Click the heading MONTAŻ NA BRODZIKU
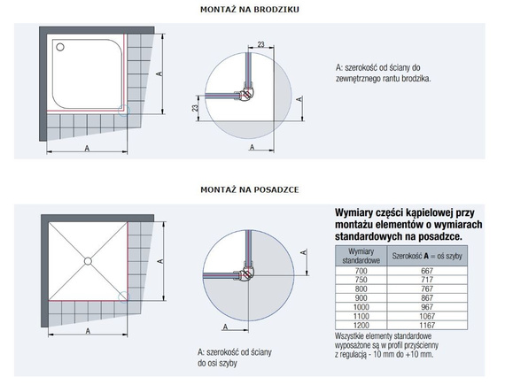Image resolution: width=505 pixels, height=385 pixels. (x=250, y=10)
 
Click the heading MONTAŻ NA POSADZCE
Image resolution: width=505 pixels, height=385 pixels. (x=250, y=189)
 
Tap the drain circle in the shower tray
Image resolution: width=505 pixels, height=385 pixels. (x=60, y=47)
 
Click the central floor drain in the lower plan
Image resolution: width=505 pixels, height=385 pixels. (x=88, y=261)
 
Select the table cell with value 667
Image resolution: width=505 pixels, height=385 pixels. (x=427, y=271)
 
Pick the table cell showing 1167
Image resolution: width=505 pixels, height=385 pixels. (x=427, y=325)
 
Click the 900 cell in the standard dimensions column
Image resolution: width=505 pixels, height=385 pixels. (x=361, y=298)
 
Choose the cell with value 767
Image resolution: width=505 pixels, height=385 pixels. (x=427, y=289)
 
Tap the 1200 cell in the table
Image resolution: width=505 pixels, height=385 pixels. (x=361, y=325)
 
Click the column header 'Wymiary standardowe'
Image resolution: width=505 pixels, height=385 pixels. (x=361, y=256)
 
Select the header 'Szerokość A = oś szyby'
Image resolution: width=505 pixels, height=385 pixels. (x=427, y=256)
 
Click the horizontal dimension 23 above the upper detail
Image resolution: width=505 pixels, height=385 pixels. (x=260, y=44)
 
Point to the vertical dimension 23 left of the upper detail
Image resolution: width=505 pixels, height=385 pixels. (x=195, y=108)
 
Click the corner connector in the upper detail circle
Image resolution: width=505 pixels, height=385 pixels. (x=247, y=94)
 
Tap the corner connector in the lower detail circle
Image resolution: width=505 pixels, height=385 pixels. (x=246, y=273)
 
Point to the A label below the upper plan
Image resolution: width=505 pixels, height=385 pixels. (x=87, y=149)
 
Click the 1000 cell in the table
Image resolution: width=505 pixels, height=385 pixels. (x=361, y=307)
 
